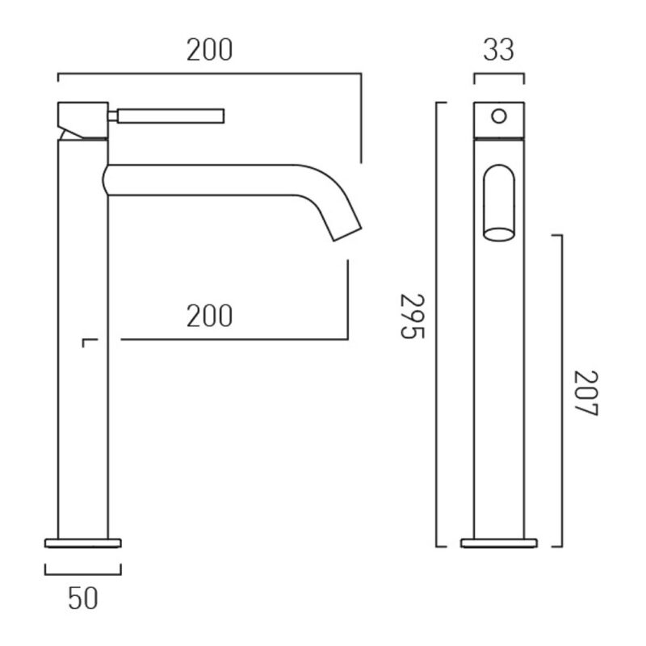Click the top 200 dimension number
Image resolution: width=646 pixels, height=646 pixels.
point(209,50)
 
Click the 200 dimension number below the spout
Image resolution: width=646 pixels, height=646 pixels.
point(209,316)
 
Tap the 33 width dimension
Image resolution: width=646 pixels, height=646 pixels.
point(498,50)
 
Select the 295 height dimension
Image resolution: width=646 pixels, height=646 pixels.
point(413,316)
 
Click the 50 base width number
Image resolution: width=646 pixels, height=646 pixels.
point(83,598)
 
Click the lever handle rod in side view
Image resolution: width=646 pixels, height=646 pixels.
point(171,116)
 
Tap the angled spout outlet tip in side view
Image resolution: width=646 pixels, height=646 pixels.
point(347,233)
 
